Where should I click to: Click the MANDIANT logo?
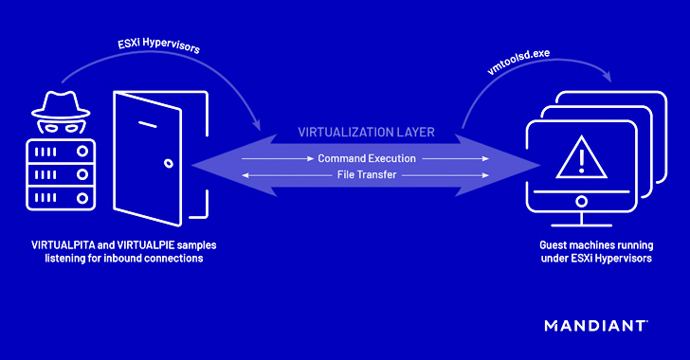(596, 326)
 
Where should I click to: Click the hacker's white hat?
(56, 102)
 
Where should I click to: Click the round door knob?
(170, 162)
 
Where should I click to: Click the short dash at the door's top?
(145, 122)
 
